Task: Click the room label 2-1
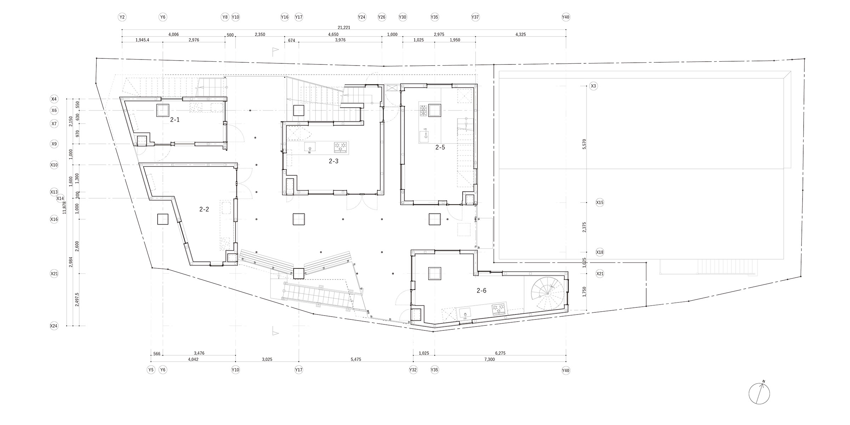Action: click(175, 120)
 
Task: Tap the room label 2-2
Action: click(204, 209)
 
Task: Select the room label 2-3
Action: click(334, 161)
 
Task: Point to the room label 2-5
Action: click(440, 147)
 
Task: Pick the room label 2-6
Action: click(481, 291)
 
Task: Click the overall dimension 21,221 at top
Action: click(344, 27)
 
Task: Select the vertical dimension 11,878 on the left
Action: click(64, 208)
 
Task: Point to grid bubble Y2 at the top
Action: click(122, 17)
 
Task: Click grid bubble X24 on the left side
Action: click(54, 326)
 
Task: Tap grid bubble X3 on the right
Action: click(594, 86)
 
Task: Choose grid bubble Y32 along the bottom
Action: click(413, 370)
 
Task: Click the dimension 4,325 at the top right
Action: click(521, 35)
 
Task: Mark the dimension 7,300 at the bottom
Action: click(489, 359)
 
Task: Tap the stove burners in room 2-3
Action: click(340, 147)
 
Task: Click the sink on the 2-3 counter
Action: click(310, 147)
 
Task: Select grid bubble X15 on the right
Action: click(600, 203)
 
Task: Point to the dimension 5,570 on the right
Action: click(584, 144)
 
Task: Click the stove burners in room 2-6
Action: click(499, 309)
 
